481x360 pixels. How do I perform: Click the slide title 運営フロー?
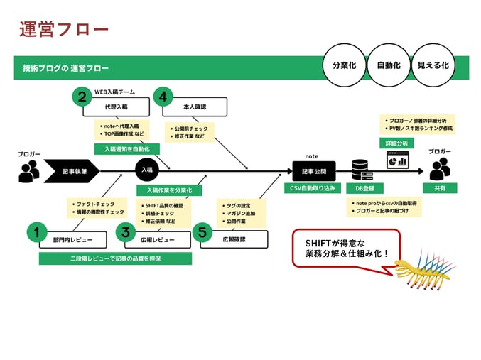click(x=64, y=29)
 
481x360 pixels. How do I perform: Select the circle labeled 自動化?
click(x=389, y=65)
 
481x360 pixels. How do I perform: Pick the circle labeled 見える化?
click(x=433, y=65)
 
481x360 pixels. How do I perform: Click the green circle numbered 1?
click(x=36, y=232)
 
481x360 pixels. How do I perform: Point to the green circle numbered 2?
click(x=82, y=97)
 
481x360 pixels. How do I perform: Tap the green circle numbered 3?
click(x=125, y=232)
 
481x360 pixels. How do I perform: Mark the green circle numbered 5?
click(x=202, y=232)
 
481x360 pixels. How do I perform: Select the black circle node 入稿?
click(x=146, y=170)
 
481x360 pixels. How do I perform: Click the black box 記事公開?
click(x=313, y=171)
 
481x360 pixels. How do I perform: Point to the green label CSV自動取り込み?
click(x=313, y=188)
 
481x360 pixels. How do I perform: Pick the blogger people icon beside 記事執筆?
click(x=29, y=170)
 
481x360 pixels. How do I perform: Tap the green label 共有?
click(x=439, y=188)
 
